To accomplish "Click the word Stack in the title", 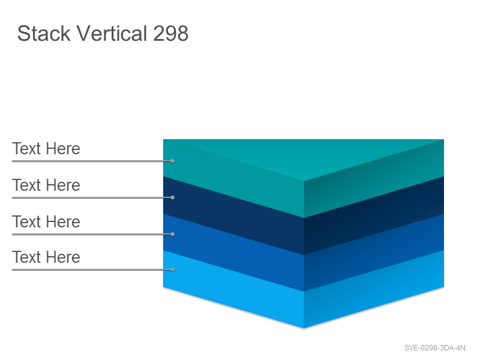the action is click(x=44, y=33).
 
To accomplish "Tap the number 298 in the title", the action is click(x=170, y=33).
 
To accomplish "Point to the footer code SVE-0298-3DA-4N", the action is click(x=434, y=348).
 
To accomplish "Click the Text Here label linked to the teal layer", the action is click(x=46, y=148).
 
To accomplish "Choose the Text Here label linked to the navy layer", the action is click(x=46, y=185).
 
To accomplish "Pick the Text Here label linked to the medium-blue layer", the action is click(x=46, y=221).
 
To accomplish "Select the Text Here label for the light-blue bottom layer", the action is click(x=46, y=257).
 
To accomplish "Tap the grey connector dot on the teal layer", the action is click(x=172, y=161).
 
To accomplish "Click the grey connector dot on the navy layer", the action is click(x=172, y=198).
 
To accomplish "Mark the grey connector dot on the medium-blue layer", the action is click(x=172, y=234).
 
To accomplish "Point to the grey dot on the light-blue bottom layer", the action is click(x=172, y=269).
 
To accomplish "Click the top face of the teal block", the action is click(x=304, y=156).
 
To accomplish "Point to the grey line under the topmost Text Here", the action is click(x=92, y=161).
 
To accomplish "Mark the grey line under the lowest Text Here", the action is click(x=92, y=269).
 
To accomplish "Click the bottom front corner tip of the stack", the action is click(x=304, y=328).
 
